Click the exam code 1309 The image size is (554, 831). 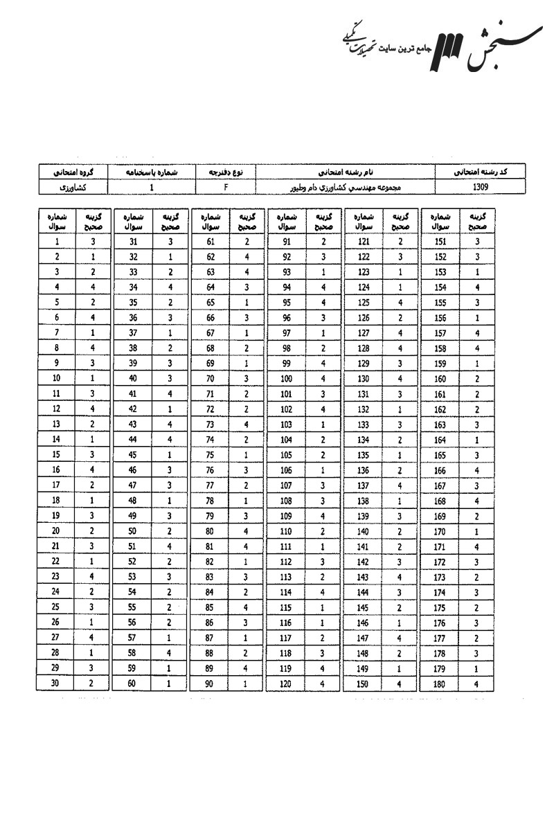click(480, 187)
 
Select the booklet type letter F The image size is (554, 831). click(226, 187)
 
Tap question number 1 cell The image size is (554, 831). click(56, 242)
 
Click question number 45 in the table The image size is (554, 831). click(133, 456)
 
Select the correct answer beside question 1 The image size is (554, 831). click(92, 242)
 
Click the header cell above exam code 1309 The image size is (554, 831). click(480, 171)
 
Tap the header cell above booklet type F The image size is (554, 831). click(226, 171)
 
